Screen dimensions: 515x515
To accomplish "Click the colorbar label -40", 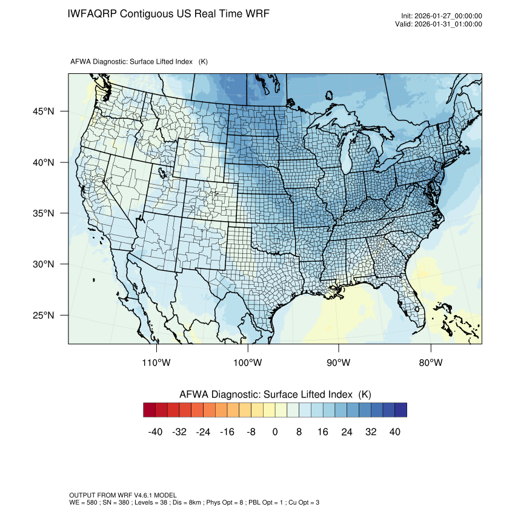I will (156, 431).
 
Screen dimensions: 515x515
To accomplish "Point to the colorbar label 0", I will (275, 431).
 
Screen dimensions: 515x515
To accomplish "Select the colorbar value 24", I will (347, 431).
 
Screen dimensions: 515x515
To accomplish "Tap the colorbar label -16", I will (227, 431).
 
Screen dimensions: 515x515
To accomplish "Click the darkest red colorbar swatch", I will (150, 410).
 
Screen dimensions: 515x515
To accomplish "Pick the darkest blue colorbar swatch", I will (400, 410).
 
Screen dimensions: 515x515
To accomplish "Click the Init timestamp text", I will (442, 16).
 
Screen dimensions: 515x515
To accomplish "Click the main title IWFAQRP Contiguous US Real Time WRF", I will (168, 13).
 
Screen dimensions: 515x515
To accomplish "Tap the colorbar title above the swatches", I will (275, 394).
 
